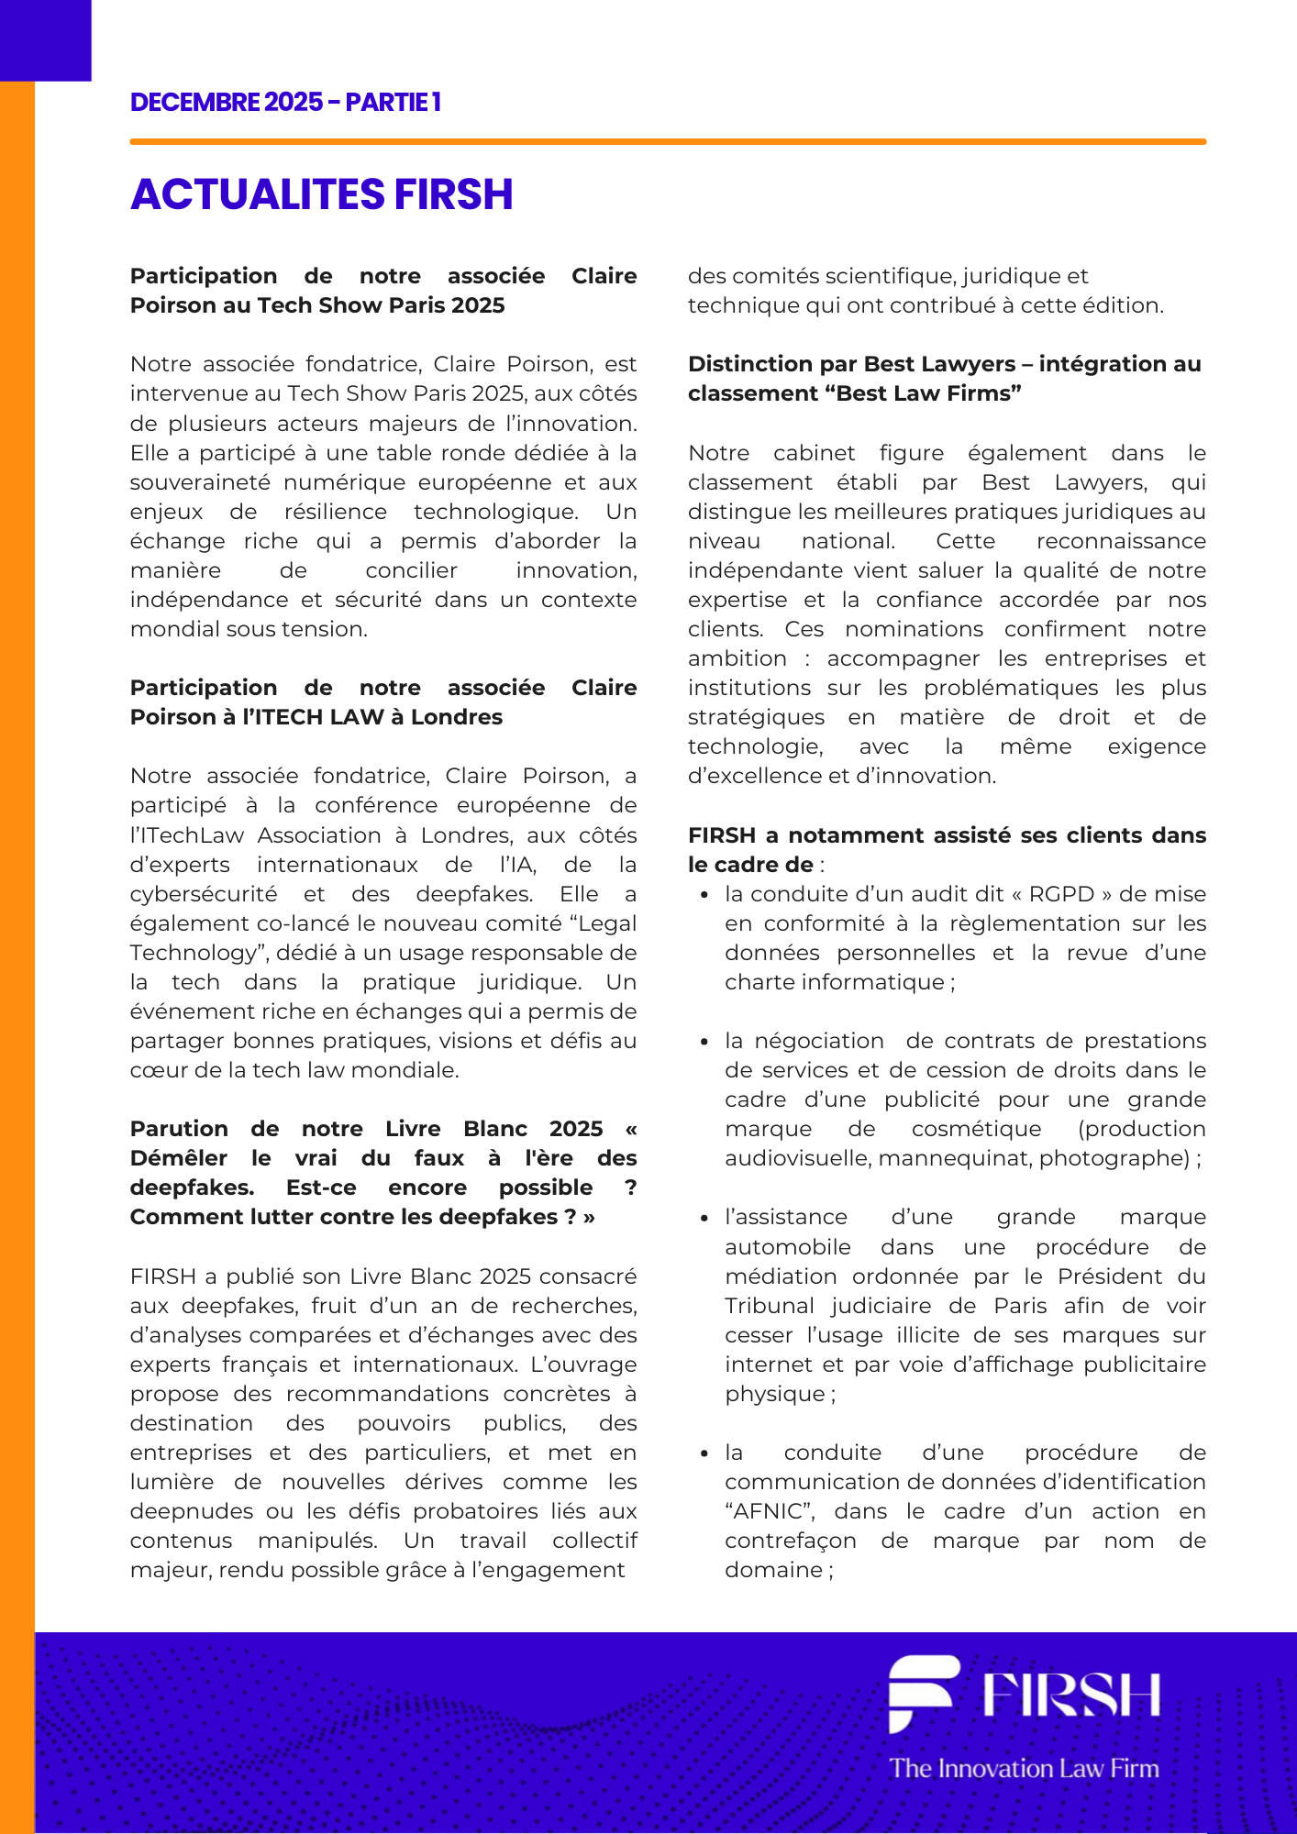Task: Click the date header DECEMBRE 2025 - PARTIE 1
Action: point(285,102)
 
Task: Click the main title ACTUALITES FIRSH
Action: point(321,194)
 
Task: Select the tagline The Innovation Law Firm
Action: point(1024,1768)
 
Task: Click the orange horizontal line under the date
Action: point(668,142)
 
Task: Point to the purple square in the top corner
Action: point(45,39)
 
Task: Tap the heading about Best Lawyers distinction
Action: point(944,379)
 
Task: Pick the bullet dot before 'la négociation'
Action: point(704,1042)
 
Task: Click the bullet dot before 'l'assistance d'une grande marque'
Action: point(704,1218)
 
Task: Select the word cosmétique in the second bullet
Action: point(976,1129)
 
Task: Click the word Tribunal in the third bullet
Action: point(769,1306)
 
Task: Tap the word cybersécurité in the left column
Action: point(203,894)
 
